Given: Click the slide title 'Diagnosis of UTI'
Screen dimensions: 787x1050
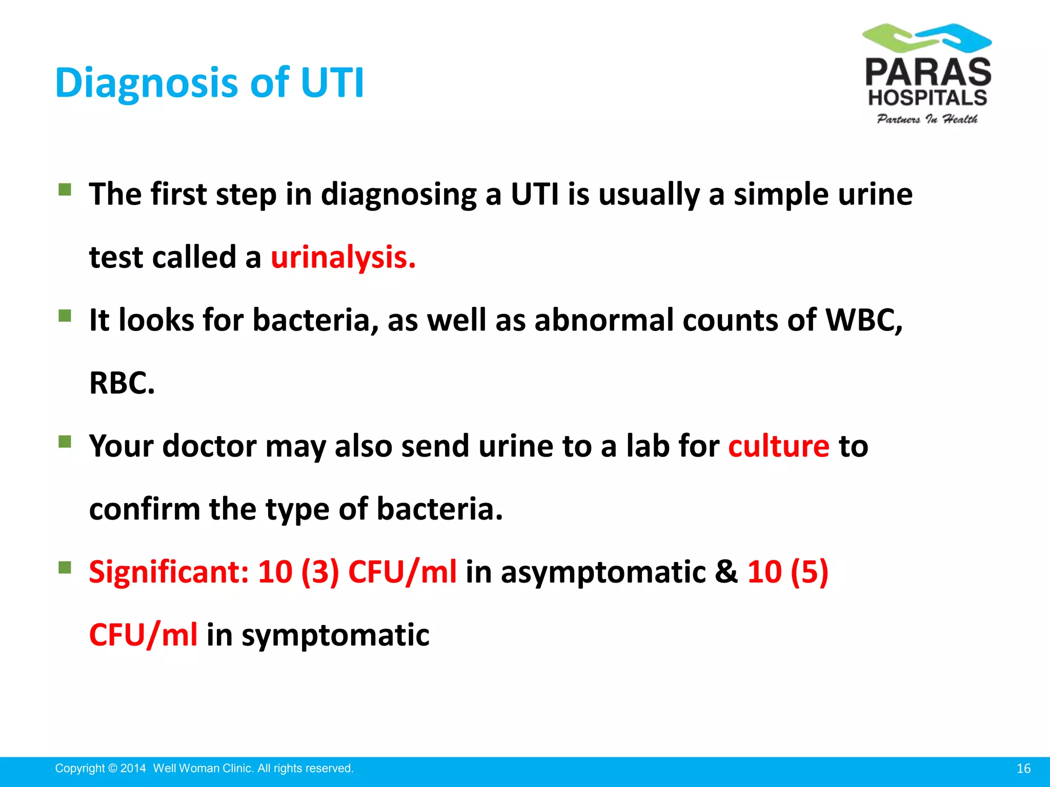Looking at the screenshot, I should [209, 82].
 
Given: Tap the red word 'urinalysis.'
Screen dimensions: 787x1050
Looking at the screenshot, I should [343, 257].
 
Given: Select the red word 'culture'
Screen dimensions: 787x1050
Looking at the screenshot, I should [778, 446].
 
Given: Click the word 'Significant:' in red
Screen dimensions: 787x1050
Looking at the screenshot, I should [169, 572].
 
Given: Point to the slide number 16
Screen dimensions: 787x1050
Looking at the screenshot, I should [1023, 769].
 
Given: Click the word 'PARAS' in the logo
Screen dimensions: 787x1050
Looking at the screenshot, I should [928, 72].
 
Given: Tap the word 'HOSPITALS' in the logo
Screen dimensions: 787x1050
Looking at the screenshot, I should [927, 97].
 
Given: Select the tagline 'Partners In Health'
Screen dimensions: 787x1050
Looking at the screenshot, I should [927, 119].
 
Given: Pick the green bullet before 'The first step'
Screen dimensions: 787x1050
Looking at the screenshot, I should [65, 190].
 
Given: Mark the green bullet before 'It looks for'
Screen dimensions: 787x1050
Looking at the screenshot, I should [65, 315].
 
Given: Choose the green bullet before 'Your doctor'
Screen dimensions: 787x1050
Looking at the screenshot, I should [65, 441].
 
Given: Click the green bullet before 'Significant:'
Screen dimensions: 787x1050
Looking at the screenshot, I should [65, 567].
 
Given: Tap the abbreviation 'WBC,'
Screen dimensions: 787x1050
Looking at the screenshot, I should [864, 320].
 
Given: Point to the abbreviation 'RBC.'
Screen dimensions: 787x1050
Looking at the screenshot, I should [122, 383].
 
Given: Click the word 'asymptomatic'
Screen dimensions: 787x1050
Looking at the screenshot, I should [603, 572].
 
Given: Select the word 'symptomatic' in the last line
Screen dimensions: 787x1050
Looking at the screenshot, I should [335, 635].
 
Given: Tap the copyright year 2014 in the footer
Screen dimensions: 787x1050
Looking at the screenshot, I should [133, 769].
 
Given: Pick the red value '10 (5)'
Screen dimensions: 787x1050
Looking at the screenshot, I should [787, 572].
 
